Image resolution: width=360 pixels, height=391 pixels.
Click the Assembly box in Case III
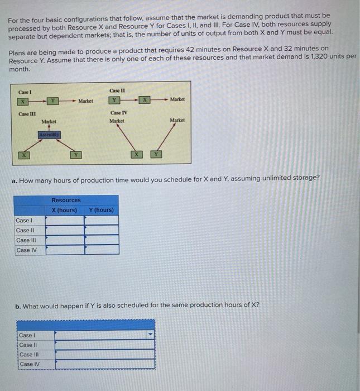pos(49,134)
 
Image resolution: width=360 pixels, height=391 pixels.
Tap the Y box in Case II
pos(114,100)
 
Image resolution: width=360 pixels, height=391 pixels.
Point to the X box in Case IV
pos(135,154)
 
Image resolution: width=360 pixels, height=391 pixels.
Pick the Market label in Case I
pos(86,101)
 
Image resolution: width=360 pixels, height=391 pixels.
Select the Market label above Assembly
pos(49,121)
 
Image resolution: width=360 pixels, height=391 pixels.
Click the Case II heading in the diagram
pos(117,90)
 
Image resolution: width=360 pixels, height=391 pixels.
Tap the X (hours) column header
pos(64,210)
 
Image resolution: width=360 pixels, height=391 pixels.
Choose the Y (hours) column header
pos(101,210)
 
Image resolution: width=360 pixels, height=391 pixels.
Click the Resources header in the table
pos(66,200)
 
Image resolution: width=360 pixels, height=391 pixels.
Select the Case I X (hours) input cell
pos(65,220)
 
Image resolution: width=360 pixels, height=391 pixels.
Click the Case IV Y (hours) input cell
pos(101,250)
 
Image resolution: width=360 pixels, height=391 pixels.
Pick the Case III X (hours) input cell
pos(65,240)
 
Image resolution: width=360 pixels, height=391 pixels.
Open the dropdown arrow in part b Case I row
pos(149,335)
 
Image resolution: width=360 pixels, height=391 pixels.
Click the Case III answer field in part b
pos(105,355)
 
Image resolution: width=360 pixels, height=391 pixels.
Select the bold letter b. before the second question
pos(19,305)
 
